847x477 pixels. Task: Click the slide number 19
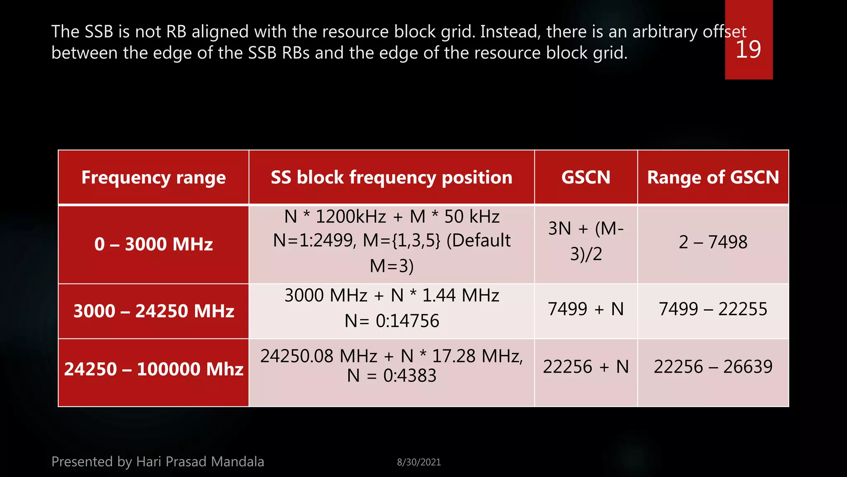tap(748, 50)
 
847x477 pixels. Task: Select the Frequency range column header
tap(153, 177)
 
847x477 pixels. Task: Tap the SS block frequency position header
tap(391, 177)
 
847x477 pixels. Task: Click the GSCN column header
tap(586, 177)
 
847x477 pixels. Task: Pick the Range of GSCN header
tap(713, 177)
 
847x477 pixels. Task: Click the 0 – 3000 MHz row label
tap(153, 244)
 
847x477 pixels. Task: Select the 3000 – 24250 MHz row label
tap(153, 311)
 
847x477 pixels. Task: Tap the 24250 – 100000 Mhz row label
tap(153, 369)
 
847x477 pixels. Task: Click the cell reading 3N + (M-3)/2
tap(586, 241)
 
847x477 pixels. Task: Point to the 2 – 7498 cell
tap(713, 242)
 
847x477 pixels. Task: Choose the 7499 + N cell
tap(586, 309)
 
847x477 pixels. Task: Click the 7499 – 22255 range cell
tap(713, 309)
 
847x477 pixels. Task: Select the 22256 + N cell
tap(586, 367)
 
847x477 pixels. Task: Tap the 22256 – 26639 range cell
tap(713, 367)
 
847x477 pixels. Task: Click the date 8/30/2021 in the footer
tap(419, 462)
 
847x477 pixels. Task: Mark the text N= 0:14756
tap(392, 321)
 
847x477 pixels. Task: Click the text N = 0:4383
tap(392, 376)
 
